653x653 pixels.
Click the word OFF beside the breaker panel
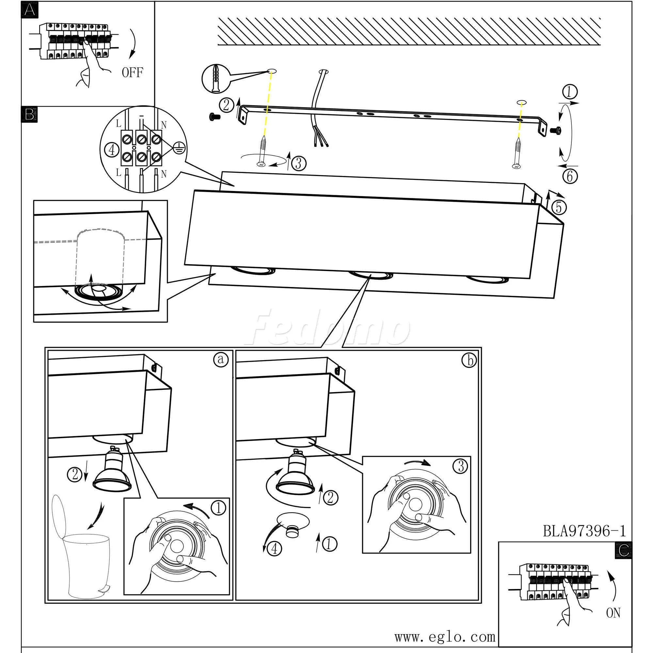click(x=132, y=72)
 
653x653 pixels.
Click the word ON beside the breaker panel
click(x=613, y=613)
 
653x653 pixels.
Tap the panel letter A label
click(x=29, y=10)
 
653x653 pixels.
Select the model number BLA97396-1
click(x=584, y=531)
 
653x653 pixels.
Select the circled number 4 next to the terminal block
click(x=112, y=150)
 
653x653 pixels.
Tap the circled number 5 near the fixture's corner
click(x=559, y=207)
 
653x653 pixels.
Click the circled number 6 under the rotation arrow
click(x=570, y=176)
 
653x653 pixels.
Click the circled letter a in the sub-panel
click(x=220, y=359)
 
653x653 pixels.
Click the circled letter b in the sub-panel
click(x=469, y=361)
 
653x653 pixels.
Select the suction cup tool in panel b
click(x=292, y=525)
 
